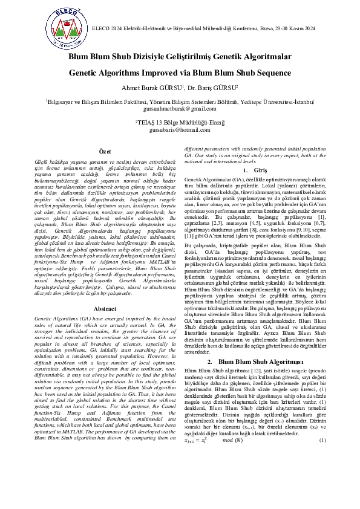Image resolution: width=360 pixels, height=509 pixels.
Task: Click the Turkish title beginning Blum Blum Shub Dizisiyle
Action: tap(180, 57)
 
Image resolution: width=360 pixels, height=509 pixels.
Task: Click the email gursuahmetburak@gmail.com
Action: tap(180, 109)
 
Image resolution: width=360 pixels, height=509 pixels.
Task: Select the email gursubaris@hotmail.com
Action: tap(180, 130)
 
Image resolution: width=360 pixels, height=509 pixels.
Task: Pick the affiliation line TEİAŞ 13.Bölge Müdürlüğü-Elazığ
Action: tap(180, 122)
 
